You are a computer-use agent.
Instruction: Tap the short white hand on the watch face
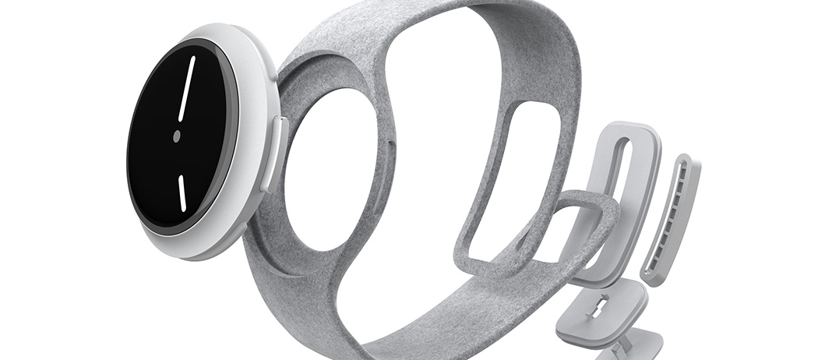click(182, 192)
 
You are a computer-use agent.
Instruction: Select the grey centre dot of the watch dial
click(177, 136)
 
